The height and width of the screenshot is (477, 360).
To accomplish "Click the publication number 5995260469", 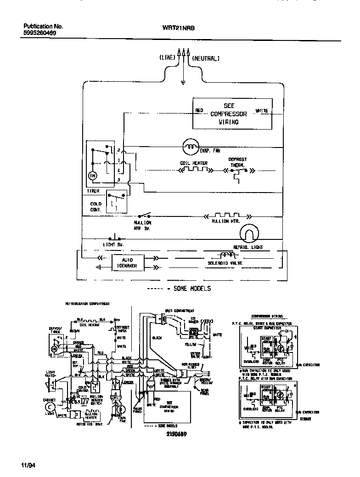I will [x=40, y=34].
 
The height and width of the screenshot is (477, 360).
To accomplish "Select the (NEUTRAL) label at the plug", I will [x=206, y=58].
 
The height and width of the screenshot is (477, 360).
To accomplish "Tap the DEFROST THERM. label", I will [x=237, y=162].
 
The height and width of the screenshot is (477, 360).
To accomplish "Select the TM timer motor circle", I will [x=92, y=176].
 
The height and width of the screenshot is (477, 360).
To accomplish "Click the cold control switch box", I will [x=116, y=201].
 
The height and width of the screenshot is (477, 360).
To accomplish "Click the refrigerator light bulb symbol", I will [x=249, y=235].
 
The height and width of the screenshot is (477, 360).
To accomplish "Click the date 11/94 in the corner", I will [x=28, y=466].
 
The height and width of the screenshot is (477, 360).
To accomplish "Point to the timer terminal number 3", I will [x=118, y=180].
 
